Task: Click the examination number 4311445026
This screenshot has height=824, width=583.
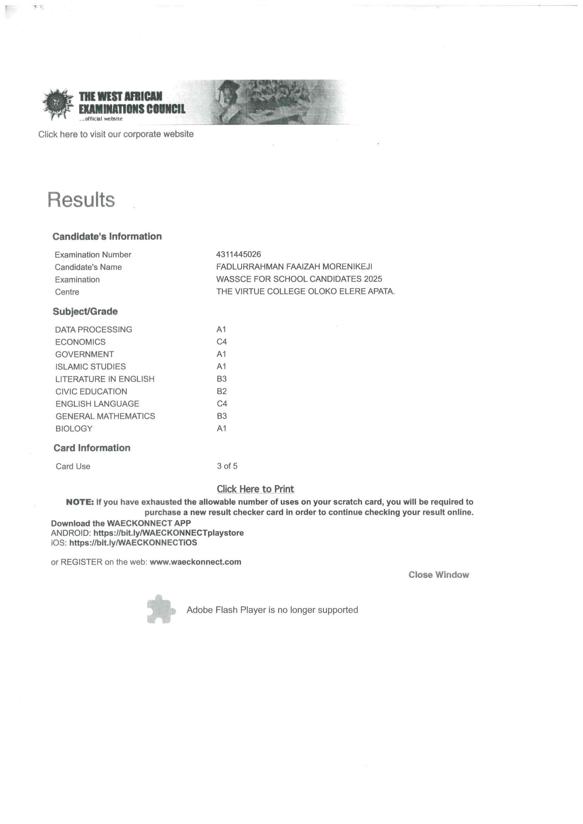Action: click(238, 254)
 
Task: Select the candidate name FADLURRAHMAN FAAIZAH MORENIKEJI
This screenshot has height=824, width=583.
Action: click(294, 267)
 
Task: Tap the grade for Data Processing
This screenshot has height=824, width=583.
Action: click(221, 330)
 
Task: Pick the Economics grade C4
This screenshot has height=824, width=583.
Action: click(221, 342)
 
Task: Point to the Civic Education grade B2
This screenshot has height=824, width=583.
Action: click(221, 391)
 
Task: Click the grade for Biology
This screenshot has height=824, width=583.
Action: click(221, 429)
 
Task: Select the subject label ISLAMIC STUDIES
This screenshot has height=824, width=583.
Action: click(91, 367)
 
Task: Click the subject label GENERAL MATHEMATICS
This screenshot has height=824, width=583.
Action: click(105, 416)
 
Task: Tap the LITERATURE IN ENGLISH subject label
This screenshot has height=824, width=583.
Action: click(105, 379)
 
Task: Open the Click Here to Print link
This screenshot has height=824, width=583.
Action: click(255, 489)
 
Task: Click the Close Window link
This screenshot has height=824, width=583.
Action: click(438, 574)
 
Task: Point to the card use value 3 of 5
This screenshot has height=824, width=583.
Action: click(227, 466)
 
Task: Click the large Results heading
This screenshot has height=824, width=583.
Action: click(81, 199)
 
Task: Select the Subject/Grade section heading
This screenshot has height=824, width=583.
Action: click(85, 311)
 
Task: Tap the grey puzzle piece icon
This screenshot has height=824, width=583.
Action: click(160, 609)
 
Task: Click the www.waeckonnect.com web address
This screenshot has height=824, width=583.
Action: click(195, 562)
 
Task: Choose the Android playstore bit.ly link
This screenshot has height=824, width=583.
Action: click(169, 533)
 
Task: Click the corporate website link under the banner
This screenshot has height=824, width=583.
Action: click(116, 134)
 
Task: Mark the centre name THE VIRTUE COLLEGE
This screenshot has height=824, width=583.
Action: click(305, 291)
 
